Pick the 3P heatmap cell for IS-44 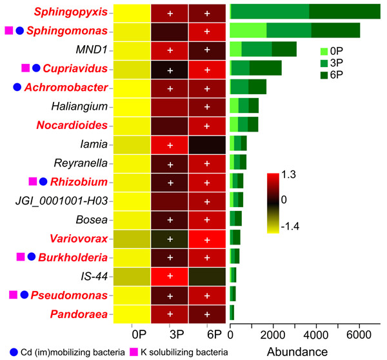170,277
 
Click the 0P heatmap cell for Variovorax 132,239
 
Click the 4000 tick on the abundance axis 316,336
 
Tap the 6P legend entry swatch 325,76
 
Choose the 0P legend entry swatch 325,50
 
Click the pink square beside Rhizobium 33,182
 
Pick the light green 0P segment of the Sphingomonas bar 248,30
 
